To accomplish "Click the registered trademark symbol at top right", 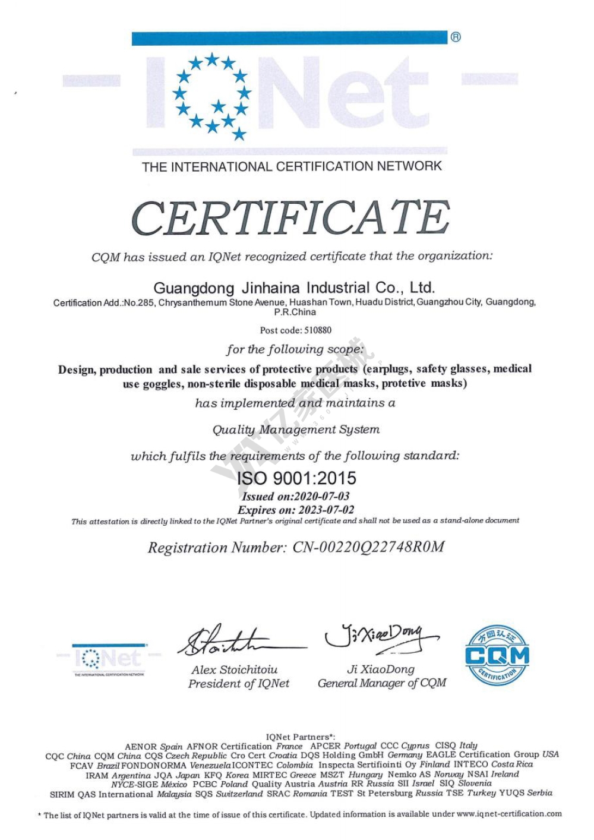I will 456,37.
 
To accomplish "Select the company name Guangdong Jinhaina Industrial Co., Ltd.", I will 295,288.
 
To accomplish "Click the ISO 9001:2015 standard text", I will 296,478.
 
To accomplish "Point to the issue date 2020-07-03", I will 322,496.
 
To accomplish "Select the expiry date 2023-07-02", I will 326,510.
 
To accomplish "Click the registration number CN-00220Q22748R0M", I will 368,547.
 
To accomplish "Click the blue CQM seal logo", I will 497,655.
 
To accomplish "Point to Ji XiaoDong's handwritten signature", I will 380,637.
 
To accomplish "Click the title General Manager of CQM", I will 382,683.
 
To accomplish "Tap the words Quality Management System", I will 296,430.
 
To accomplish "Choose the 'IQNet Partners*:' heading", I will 300,737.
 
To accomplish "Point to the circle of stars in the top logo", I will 212,95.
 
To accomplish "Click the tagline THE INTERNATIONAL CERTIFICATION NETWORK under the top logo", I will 292,166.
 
